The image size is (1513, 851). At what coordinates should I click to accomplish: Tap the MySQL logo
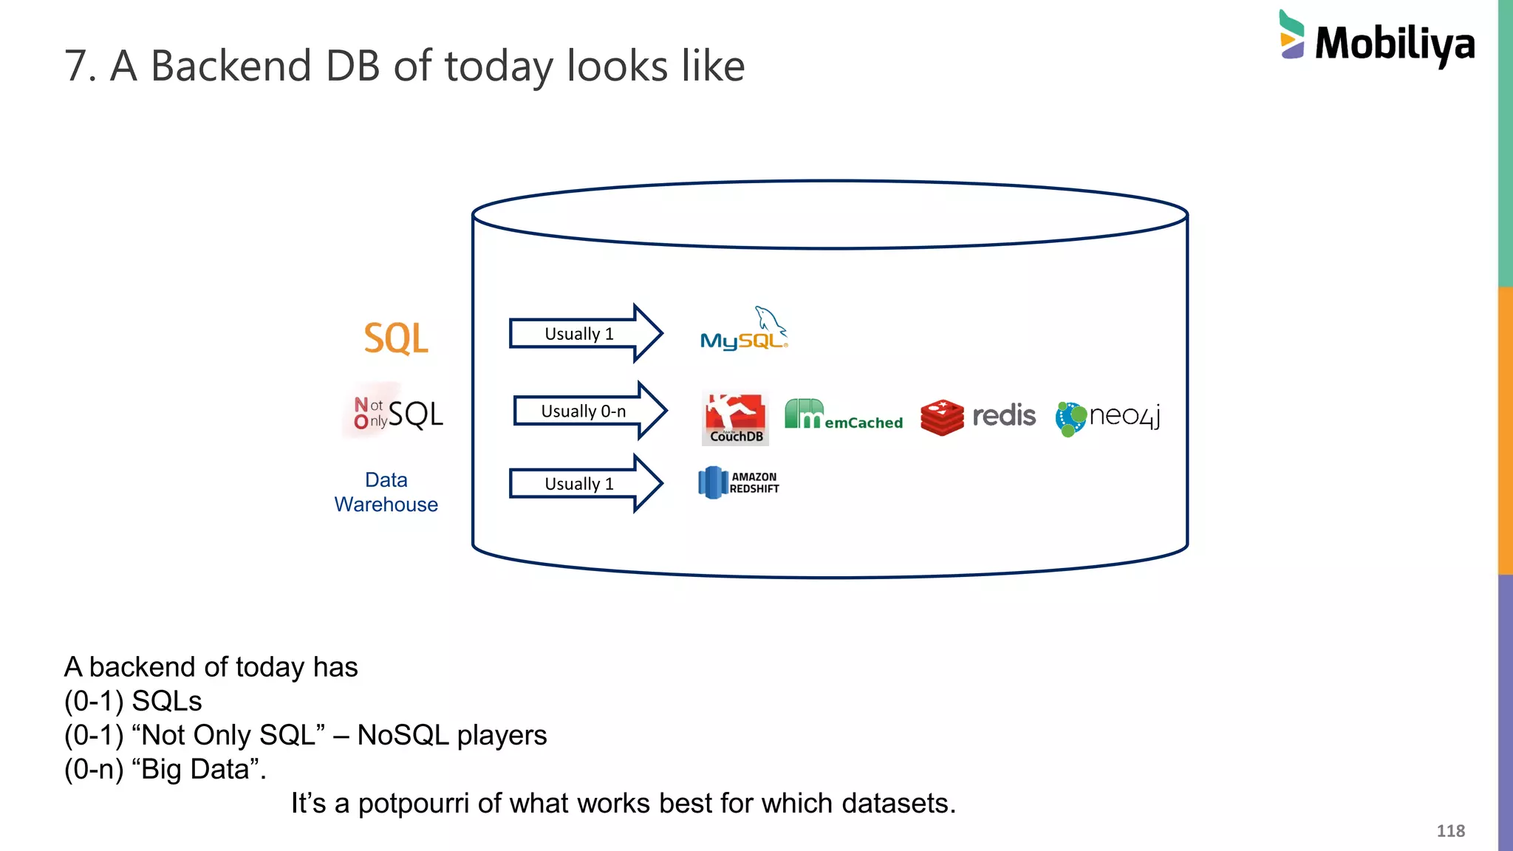tap(743, 331)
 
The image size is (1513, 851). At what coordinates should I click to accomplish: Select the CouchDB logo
tap(735, 418)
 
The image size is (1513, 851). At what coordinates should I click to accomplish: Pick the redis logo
tap(978, 417)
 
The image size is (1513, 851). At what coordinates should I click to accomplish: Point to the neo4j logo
tap(1108, 417)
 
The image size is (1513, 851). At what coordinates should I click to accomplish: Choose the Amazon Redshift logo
tap(739, 482)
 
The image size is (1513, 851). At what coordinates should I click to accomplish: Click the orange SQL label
tap(396, 338)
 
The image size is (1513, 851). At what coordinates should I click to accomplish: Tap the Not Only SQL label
tap(398, 414)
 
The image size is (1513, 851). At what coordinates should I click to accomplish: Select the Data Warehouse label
tap(386, 492)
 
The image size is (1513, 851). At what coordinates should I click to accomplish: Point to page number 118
tap(1450, 831)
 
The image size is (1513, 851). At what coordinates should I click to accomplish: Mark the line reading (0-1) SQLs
tap(133, 701)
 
